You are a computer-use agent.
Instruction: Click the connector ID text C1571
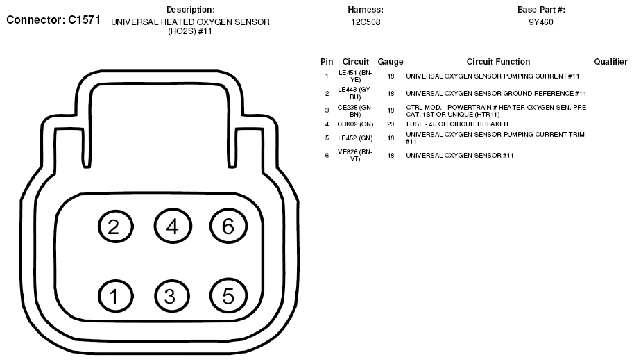[x=84, y=20]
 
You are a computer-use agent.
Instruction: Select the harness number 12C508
[x=366, y=22]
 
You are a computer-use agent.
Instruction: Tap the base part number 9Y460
[x=541, y=22]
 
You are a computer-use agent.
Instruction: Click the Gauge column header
[x=391, y=62]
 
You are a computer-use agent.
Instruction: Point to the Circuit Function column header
[x=498, y=62]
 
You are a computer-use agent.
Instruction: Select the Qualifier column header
[x=610, y=62]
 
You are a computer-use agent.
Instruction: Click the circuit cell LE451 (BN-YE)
[x=355, y=76]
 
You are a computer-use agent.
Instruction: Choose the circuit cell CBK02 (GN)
[x=355, y=124]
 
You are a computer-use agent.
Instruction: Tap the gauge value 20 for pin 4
[x=391, y=124]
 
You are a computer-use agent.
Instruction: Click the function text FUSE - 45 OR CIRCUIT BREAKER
[x=457, y=124]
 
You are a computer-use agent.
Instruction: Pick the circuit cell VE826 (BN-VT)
[x=355, y=155]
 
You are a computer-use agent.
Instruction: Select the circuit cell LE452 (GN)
[x=355, y=138]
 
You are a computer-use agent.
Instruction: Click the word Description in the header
[x=191, y=10]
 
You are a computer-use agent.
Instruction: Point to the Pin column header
[x=327, y=62]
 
